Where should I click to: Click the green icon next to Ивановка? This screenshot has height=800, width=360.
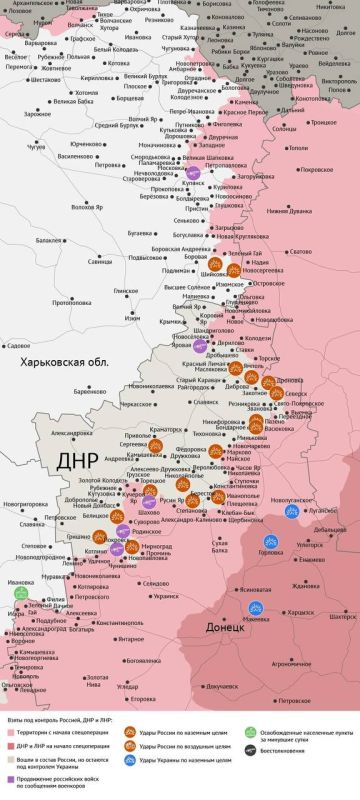tap(20, 593)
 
